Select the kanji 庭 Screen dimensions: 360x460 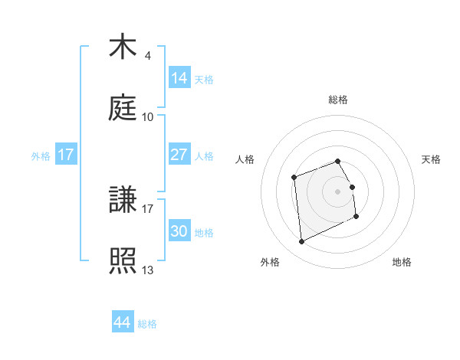(x=123, y=108)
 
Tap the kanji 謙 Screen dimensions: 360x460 (x=123, y=201)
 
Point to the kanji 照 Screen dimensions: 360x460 (x=123, y=261)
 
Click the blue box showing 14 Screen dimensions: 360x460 (x=179, y=77)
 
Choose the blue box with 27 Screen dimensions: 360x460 (x=179, y=155)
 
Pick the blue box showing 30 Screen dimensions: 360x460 (x=179, y=231)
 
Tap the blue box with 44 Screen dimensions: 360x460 (x=122, y=322)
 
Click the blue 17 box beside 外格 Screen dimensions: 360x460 (x=66, y=155)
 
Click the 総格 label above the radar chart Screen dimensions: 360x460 (x=338, y=100)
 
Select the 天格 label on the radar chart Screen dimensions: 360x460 (x=431, y=159)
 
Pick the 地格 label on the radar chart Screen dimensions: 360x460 (x=402, y=262)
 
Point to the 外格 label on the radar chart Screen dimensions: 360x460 (x=270, y=262)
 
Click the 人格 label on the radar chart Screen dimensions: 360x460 (x=245, y=159)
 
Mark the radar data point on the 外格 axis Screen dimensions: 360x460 (x=301, y=242)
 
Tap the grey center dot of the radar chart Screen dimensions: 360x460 (x=338, y=190)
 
